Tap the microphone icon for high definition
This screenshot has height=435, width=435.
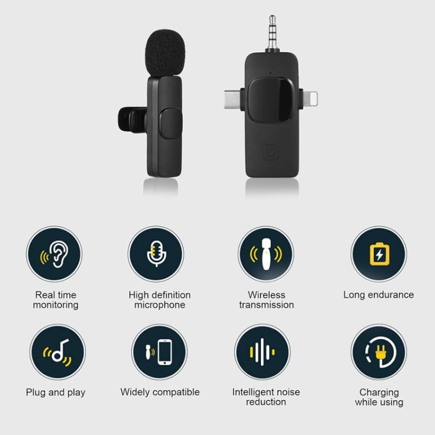[x=155, y=254]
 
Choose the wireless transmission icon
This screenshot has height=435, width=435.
[x=266, y=254]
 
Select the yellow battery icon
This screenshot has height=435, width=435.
[x=378, y=254]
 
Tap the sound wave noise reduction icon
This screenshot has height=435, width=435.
[x=262, y=352]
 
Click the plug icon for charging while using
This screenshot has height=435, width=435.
[x=379, y=352]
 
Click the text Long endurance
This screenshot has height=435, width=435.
[x=378, y=295]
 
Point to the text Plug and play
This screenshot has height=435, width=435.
[x=56, y=393]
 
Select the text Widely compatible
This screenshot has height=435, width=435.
[x=159, y=392]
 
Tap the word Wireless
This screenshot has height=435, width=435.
[x=266, y=295]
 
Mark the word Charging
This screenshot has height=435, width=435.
[x=379, y=393]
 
